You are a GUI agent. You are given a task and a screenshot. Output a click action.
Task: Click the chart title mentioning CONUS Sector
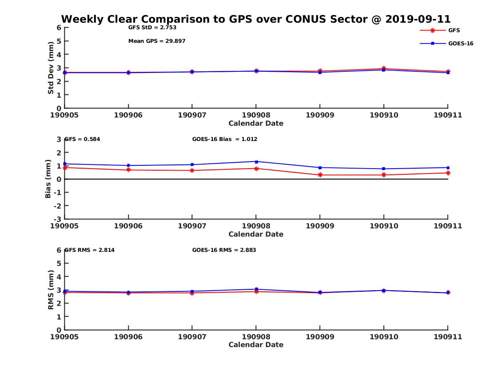point(256,19)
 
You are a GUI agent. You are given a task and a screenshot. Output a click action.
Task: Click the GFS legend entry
point(454,30)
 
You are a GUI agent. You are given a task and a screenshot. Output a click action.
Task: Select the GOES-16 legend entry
point(460,43)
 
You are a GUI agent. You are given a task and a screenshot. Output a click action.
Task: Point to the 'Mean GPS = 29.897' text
point(157,41)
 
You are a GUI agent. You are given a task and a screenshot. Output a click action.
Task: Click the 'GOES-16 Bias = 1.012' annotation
point(224,139)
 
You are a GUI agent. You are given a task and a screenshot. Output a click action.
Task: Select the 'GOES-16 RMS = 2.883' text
point(224,250)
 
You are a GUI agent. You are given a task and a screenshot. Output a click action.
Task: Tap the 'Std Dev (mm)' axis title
point(51,68)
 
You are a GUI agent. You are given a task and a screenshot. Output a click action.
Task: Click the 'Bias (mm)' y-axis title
point(48,179)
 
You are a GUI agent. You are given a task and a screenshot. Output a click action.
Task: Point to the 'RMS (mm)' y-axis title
point(51,290)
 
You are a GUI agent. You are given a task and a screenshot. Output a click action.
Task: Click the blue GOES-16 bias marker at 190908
point(256,162)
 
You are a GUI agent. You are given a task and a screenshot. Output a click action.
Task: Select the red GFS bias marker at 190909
point(320,175)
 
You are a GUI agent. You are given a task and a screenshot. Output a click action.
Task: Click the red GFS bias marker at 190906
point(129,170)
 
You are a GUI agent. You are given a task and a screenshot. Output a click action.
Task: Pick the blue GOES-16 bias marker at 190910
point(384,169)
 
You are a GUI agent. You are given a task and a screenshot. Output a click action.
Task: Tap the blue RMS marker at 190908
point(256,289)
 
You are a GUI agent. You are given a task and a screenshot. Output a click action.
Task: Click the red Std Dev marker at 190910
point(384,68)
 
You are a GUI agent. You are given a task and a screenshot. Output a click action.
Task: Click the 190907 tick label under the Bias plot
point(192,226)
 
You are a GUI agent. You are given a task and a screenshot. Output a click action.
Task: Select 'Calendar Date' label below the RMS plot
point(256,345)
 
